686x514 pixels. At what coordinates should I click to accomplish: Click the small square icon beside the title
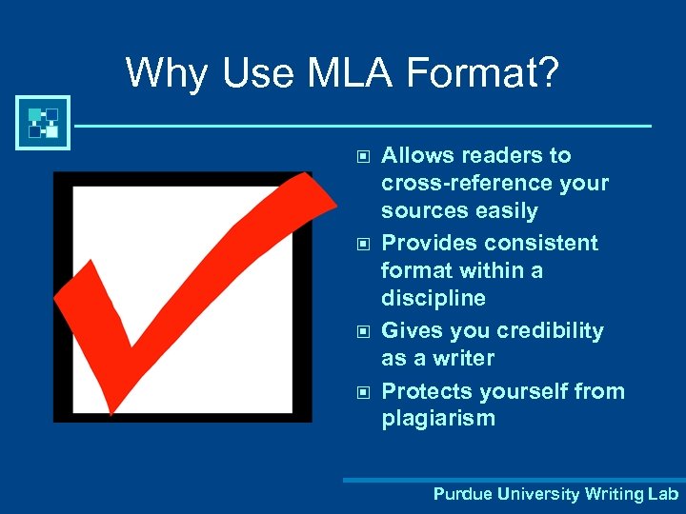pos(43,123)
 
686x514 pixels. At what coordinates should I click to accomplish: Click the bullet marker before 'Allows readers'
pos(361,155)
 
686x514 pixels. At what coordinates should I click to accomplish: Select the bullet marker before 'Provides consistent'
pos(361,243)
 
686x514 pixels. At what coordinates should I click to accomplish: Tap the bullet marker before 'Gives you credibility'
pos(361,331)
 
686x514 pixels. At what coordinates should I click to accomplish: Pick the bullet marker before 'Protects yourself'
pos(361,391)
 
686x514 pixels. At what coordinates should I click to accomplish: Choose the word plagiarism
pos(438,419)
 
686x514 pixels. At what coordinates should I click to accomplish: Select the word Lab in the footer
pos(662,494)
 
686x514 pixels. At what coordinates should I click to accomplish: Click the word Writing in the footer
pos(614,494)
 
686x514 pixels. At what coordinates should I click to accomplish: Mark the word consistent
pos(540,243)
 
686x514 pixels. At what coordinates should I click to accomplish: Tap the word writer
pos(462,359)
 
